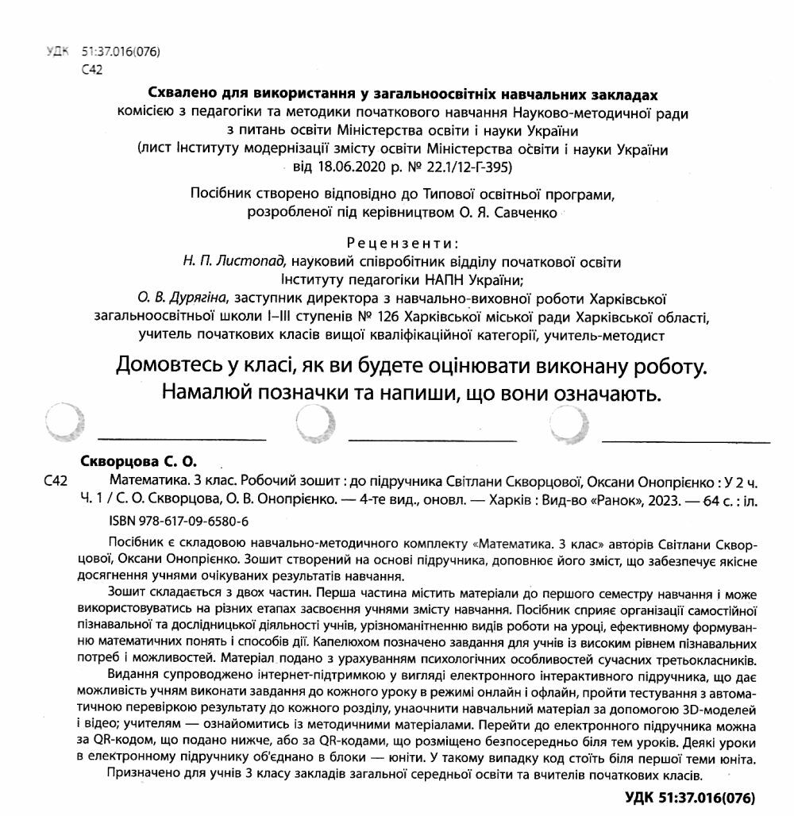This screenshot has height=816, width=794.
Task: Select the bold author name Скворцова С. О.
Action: tap(138, 460)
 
